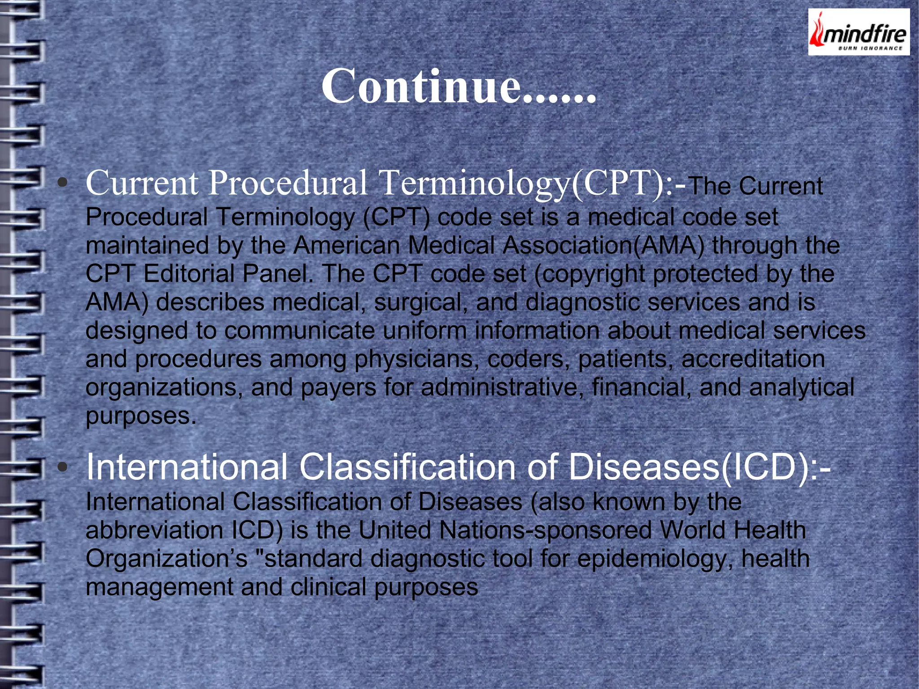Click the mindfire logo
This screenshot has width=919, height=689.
[858, 32]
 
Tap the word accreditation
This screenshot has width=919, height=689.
[753, 359]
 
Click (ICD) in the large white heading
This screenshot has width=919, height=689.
[763, 468]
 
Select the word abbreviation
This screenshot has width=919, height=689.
[154, 530]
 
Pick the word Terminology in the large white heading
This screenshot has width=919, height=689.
[474, 184]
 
